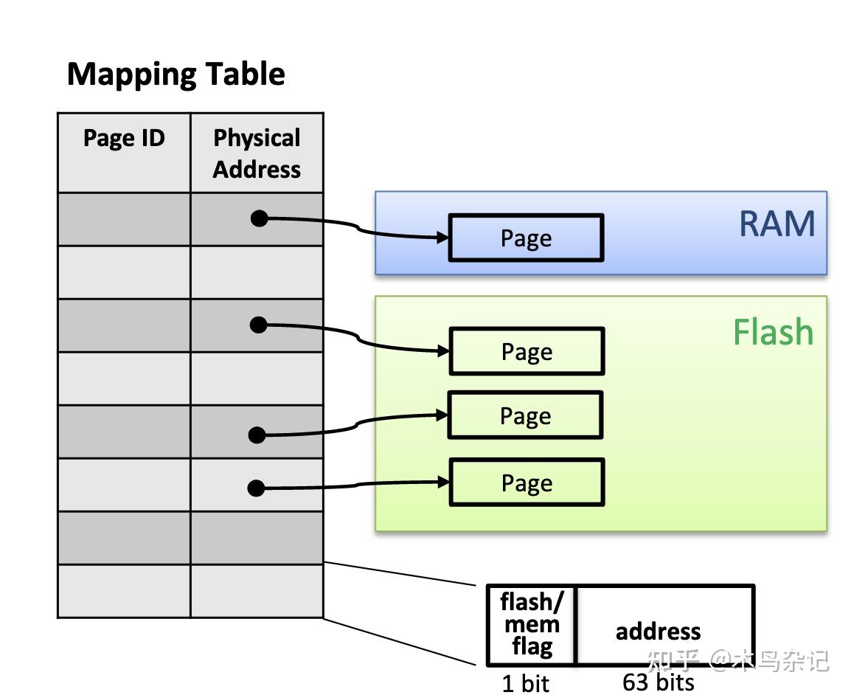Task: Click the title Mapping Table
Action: pyautogui.click(x=176, y=75)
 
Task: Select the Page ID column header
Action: pyautogui.click(x=124, y=138)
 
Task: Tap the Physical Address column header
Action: pyautogui.click(x=257, y=153)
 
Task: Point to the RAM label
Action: pyautogui.click(x=777, y=224)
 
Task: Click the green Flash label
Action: pyautogui.click(x=773, y=333)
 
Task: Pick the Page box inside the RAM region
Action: pyautogui.click(x=526, y=238)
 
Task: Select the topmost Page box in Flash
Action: pyautogui.click(x=527, y=351)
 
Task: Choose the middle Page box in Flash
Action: pyautogui.click(x=525, y=415)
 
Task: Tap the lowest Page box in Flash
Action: pyautogui.click(x=527, y=483)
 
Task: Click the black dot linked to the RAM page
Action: pyautogui.click(x=259, y=218)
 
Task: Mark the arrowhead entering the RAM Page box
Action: pyautogui.click(x=443, y=238)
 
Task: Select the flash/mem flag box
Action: pyautogui.click(x=531, y=624)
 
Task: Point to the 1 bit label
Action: pyautogui.click(x=525, y=683)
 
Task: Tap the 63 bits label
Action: pyautogui.click(x=658, y=682)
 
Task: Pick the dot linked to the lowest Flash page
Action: pyautogui.click(x=256, y=488)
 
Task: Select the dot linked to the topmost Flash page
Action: pyautogui.click(x=258, y=325)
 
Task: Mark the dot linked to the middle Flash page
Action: pyautogui.click(x=257, y=435)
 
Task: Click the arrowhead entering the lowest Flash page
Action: pyautogui.click(x=443, y=482)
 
